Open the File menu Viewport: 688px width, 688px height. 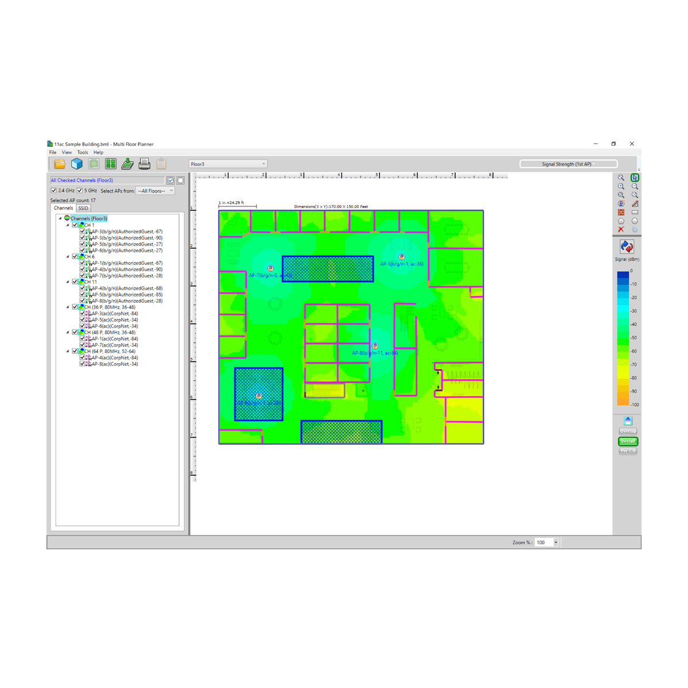(x=53, y=153)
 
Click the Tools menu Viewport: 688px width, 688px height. (x=83, y=153)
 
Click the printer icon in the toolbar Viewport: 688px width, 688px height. (x=144, y=164)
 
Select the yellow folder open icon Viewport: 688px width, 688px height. (x=60, y=164)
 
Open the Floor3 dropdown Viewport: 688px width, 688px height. (x=228, y=164)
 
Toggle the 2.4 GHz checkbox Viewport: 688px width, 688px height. (x=54, y=190)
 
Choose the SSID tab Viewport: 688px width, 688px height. (x=83, y=208)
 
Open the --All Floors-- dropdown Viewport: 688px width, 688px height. (x=155, y=191)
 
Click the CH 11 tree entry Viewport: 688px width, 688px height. (x=91, y=282)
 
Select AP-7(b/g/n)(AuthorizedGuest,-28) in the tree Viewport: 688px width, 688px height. (x=127, y=276)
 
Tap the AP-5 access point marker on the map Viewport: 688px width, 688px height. (x=402, y=257)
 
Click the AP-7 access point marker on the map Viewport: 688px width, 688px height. (x=271, y=268)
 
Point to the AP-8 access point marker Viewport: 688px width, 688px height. (x=375, y=346)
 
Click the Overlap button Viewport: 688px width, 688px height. (x=628, y=431)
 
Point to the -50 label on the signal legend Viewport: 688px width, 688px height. (x=634, y=338)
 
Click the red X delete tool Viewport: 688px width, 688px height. (x=621, y=229)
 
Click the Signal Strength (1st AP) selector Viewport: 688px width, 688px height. (x=568, y=164)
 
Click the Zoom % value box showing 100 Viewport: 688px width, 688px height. (x=544, y=542)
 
